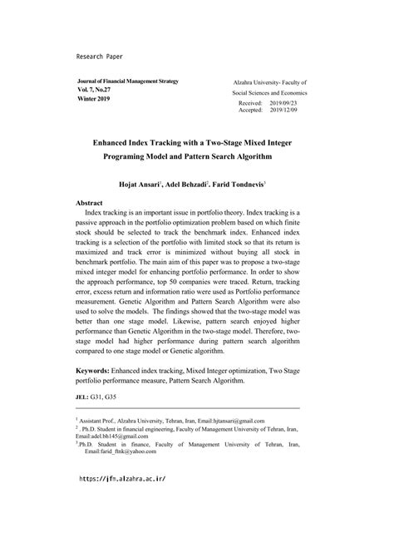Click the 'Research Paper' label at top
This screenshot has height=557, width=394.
click(x=99, y=56)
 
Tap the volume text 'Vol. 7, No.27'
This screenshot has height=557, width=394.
click(x=97, y=92)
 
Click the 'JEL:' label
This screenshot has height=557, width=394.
click(x=84, y=421)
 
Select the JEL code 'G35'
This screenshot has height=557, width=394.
click(x=121, y=421)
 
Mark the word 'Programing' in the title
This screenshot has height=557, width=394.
click(x=135, y=154)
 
